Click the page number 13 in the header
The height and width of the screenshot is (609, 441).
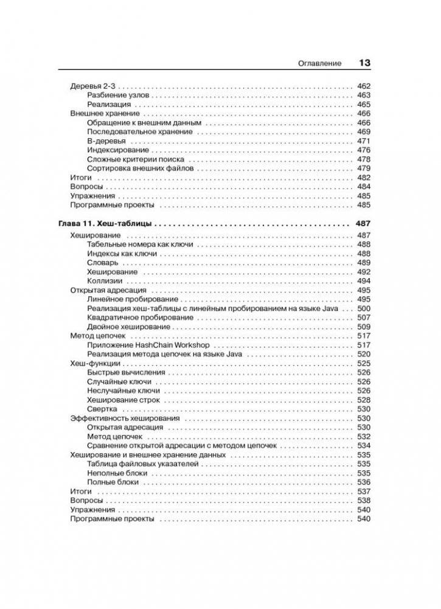(x=365, y=63)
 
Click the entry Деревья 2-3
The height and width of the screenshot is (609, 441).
(x=92, y=86)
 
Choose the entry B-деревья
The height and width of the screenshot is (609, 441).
(x=102, y=141)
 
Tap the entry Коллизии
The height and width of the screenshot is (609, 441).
(x=105, y=281)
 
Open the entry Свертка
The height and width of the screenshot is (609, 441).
(x=102, y=409)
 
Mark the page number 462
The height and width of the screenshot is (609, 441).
(x=364, y=86)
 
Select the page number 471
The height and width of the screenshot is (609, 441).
(x=364, y=141)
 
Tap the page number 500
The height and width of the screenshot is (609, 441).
(x=364, y=308)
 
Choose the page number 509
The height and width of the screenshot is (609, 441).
(x=364, y=327)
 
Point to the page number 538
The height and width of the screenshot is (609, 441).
(x=364, y=501)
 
